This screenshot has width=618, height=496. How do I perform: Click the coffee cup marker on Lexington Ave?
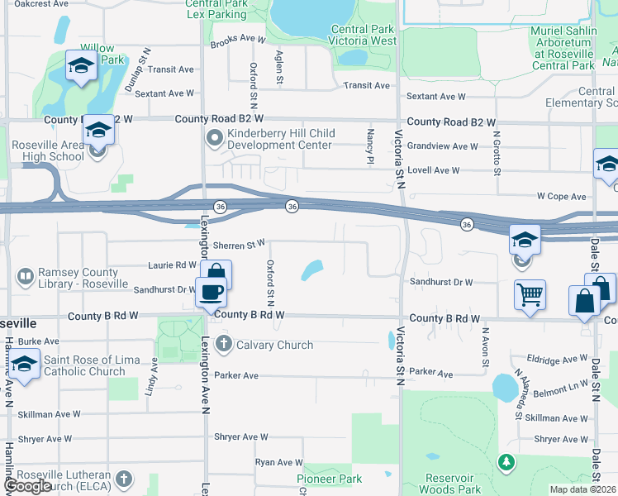coord(211,292)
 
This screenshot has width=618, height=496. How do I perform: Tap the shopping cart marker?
coord(530,294)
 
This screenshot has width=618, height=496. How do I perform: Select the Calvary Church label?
coord(274,345)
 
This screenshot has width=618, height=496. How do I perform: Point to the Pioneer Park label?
coord(329,479)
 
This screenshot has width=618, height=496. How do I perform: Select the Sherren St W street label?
coord(239,245)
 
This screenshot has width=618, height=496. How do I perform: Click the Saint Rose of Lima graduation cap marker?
coord(25,365)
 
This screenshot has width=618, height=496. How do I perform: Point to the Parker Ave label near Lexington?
coord(236,375)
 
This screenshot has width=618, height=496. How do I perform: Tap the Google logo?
coord(27,486)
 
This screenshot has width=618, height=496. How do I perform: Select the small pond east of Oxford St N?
coord(312,269)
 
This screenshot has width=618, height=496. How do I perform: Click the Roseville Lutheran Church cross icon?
coord(124,478)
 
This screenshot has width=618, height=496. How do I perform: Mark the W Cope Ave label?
coord(561,197)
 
